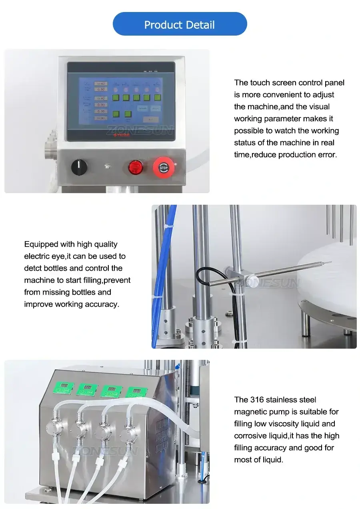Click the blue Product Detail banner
coord(180,24)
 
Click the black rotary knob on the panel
coord(79,167)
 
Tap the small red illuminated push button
coord(135,167)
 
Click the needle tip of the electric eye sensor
coord(330,262)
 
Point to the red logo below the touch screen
coord(120,135)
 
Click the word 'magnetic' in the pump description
coord(251,412)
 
